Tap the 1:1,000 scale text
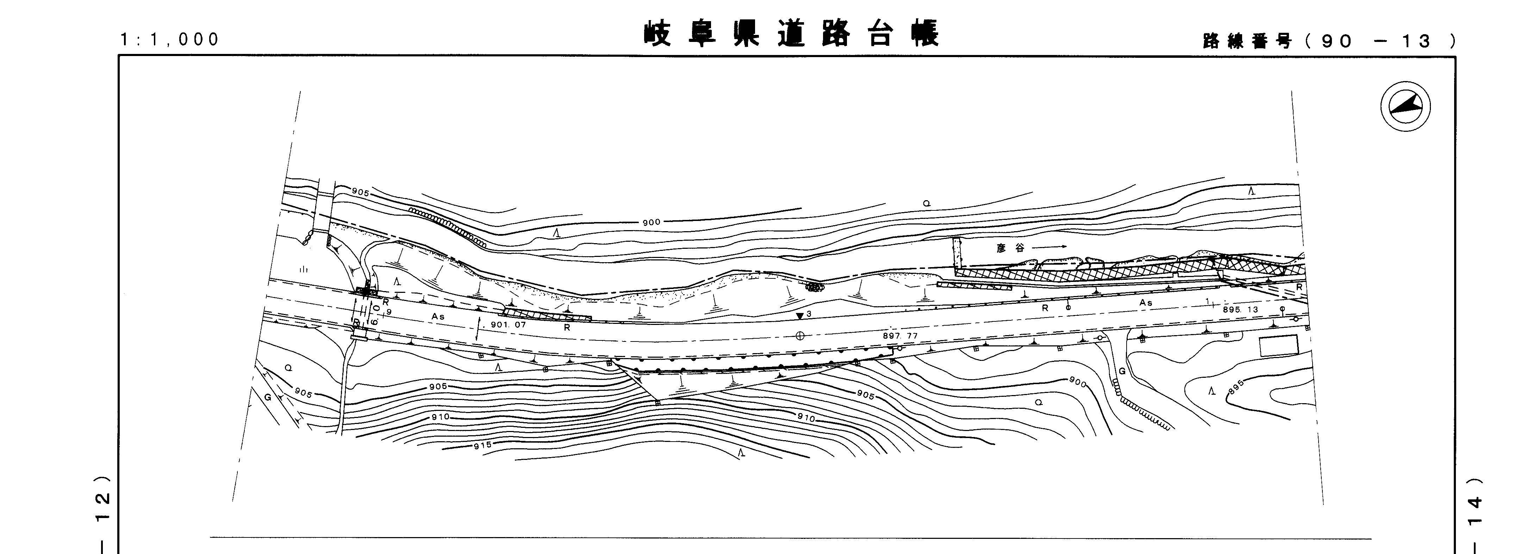click(170, 39)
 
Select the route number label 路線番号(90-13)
click(1329, 41)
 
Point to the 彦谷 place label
click(1010, 248)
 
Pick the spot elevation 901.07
click(509, 324)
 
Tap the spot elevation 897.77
click(900, 336)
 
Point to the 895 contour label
click(1236, 386)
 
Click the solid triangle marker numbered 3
click(799, 316)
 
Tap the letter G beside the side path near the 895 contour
click(1121, 371)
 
